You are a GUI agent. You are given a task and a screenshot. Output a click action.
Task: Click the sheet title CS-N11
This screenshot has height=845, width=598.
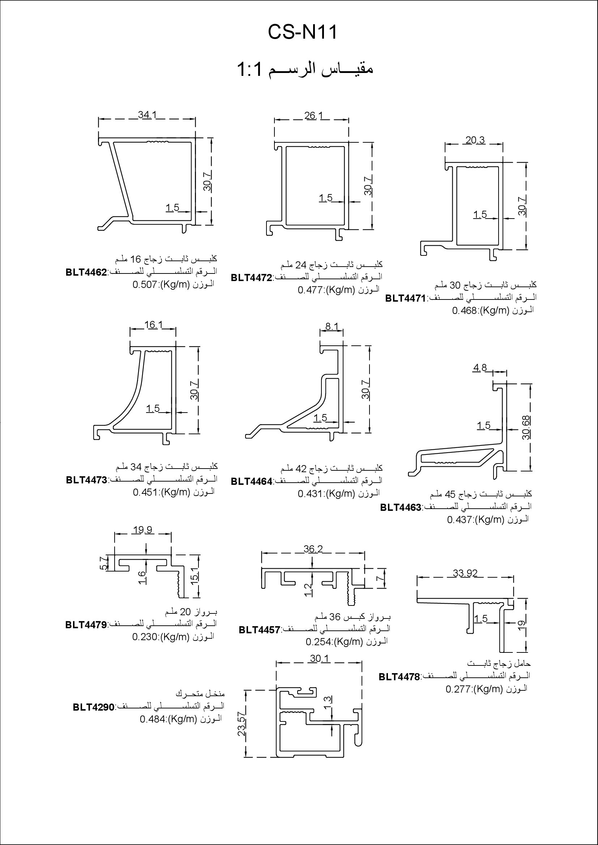(302, 33)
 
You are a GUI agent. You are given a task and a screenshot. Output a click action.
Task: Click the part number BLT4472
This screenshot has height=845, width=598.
(251, 278)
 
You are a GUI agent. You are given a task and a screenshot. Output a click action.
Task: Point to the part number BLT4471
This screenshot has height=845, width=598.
(405, 298)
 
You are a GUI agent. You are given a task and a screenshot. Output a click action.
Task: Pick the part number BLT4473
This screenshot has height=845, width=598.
(86, 480)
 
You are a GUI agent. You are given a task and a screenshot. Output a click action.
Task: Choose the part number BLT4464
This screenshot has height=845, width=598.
(252, 481)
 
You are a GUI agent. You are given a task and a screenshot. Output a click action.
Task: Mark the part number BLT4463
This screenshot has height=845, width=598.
(401, 508)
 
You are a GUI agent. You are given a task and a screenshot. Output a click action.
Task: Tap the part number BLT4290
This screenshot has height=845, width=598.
(94, 707)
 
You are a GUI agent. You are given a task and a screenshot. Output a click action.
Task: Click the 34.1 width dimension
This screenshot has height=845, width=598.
(147, 115)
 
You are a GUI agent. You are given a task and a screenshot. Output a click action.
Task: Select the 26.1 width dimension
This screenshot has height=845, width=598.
(313, 116)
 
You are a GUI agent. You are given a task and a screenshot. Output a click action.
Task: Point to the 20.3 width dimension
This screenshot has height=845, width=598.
(475, 140)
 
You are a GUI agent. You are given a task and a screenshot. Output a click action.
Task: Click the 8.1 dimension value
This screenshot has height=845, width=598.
(332, 326)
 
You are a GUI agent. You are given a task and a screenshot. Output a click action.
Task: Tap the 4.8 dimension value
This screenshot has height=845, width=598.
(480, 367)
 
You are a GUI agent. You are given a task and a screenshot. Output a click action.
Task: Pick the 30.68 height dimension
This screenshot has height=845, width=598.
(526, 428)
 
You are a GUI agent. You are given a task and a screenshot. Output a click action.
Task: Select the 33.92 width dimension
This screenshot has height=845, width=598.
(465, 573)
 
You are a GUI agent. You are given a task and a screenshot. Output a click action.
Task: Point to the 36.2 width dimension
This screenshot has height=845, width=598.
(313, 549)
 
